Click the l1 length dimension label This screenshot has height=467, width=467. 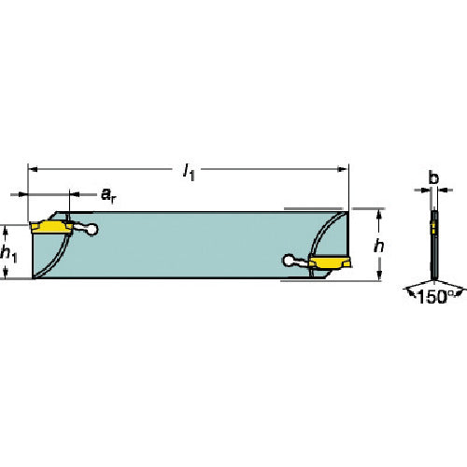click(189, 172)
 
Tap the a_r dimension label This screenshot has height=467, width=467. click(108, 195)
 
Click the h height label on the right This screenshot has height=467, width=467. click(379, 247)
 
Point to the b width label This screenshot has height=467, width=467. click(433, 177)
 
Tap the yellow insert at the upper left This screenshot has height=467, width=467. click(51, 227)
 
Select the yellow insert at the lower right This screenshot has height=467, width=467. click(330, 262)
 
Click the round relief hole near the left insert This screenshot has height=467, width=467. click(92, 230)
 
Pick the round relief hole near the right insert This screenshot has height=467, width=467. click(289, 261)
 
